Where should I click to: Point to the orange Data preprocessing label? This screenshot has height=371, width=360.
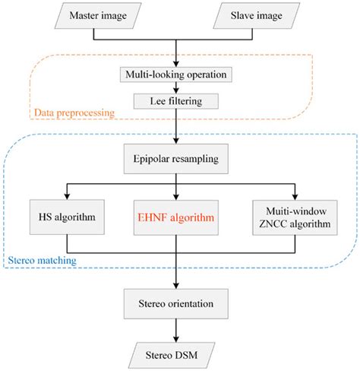point(73,113)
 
